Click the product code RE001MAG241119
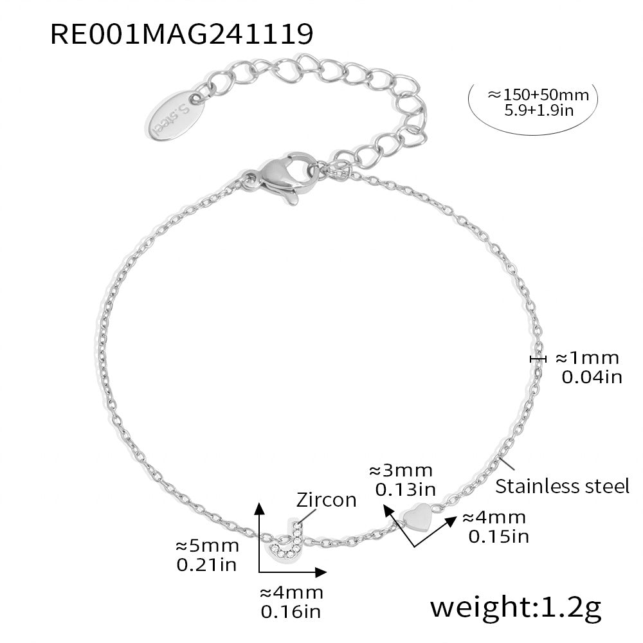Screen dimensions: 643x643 point(182,34)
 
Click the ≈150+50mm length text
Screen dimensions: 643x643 point(538,95)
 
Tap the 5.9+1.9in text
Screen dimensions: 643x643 point(538,111)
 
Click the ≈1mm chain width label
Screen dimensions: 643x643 point(587,358)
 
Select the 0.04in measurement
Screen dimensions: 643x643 point(592,377)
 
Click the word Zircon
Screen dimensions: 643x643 point(326,500)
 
